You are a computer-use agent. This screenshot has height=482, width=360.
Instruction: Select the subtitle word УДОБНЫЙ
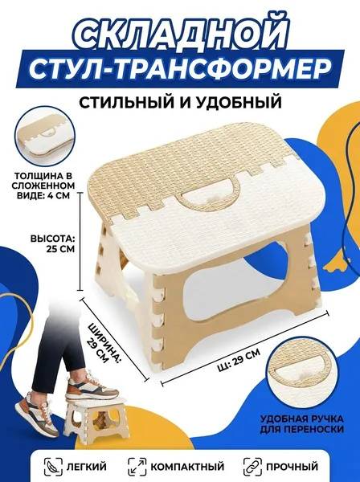238,102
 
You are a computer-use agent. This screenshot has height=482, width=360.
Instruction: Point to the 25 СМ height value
60,249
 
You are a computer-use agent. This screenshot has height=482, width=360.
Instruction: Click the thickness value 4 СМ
58,195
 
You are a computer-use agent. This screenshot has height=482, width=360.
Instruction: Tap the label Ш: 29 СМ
238,359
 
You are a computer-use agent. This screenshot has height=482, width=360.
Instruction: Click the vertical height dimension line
81,241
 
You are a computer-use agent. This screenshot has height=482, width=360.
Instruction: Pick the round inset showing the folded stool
45,137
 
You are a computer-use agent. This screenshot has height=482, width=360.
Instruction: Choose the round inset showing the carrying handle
299,374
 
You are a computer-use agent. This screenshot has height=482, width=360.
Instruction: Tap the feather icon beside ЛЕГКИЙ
53,467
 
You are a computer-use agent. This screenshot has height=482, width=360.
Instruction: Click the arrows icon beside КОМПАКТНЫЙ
137,467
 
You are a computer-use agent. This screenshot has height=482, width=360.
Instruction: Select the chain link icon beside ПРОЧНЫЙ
252,467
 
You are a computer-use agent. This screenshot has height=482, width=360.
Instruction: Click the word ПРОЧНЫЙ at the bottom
292,467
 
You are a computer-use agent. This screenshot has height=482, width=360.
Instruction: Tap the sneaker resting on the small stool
92,386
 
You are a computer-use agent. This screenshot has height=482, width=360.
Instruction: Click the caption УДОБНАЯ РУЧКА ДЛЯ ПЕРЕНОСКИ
301,424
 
